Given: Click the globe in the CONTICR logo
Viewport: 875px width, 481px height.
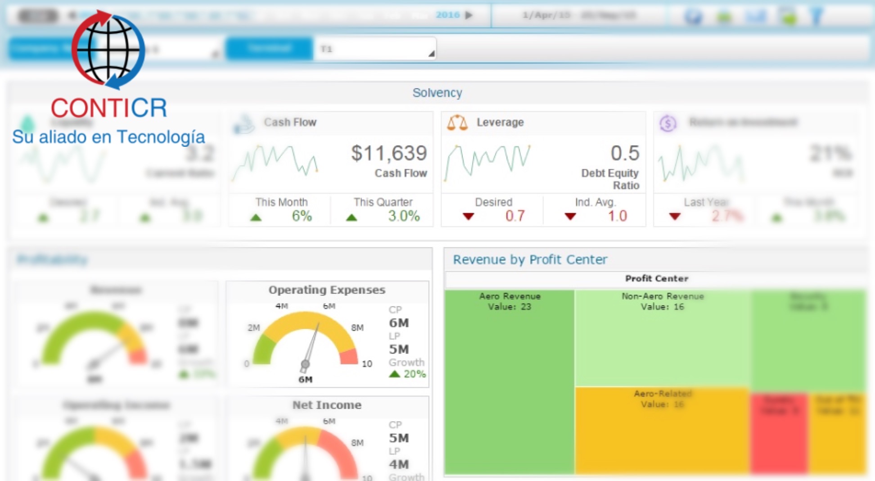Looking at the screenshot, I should (108, 50).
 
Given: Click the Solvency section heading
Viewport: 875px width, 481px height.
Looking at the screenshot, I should (437, 93).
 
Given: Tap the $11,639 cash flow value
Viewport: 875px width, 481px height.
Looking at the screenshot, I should (389, 153).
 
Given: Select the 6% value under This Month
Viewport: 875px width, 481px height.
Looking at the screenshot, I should (302, 216).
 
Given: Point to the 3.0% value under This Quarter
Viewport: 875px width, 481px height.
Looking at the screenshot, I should (404, 216).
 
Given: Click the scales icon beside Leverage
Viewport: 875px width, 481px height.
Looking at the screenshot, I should (457, 123).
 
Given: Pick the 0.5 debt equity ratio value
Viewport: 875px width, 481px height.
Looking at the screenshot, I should (625, 153).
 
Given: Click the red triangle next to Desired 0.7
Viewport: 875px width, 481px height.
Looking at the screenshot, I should (468, 217).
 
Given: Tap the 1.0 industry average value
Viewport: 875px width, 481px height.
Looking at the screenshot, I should (617, 216).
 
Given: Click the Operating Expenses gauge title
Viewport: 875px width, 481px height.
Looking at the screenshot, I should (327, 290).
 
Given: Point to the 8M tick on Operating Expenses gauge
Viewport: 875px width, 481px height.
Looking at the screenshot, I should (357, 327).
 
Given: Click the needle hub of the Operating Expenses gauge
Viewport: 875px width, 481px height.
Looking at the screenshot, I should (305, 364).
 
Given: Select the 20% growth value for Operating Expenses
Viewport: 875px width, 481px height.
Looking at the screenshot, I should (414, 374).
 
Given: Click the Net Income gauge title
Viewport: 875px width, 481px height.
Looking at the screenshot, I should (327, 405).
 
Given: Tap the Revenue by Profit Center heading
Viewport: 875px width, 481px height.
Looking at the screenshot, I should (530, 259).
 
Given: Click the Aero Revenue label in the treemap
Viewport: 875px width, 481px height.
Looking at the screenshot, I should (510, 296).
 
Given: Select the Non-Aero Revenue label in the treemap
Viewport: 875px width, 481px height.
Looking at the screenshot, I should (662, 296).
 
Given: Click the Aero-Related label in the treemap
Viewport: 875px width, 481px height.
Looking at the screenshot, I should (662, 394).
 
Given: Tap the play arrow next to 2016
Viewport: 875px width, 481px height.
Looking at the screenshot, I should (469, 15).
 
